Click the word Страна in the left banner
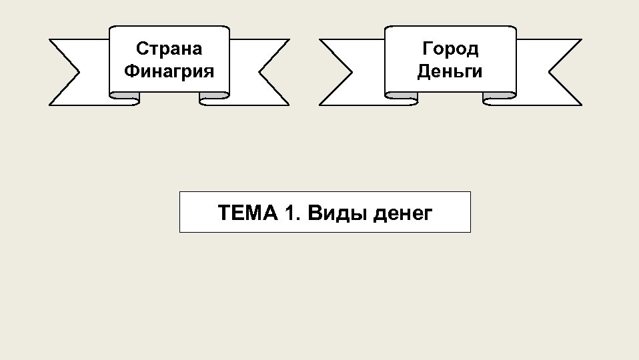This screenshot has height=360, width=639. (x=169, y=49)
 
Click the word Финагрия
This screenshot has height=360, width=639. (x=169, y=71)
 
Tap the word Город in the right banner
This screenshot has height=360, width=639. (x=450, y=49)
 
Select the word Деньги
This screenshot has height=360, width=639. (x=450, y=71)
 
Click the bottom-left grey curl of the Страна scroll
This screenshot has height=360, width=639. (x=125, y=99)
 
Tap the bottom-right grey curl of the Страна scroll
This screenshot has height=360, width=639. (x=215, y=99)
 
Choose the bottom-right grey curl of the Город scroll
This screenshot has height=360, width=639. (x=499, y=99)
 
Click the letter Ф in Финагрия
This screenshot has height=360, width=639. (x=131, y=71)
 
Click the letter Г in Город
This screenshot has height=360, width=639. (x=427, y=49)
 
